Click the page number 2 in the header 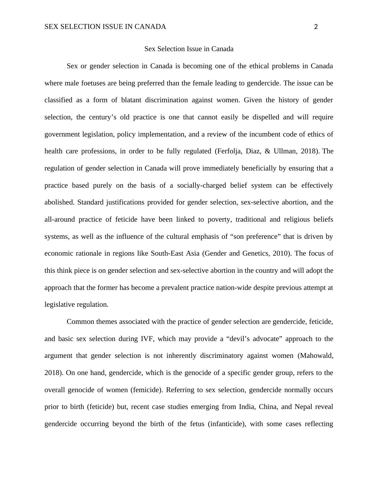tap(316, 27)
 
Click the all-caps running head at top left tap(105, 27)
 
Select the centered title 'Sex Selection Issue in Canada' tap(189, 49)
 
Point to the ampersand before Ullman tap(267, 151)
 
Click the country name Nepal tap(305, 407)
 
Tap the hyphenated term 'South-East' tap(166, 253)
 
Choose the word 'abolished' tap(59, 202)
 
